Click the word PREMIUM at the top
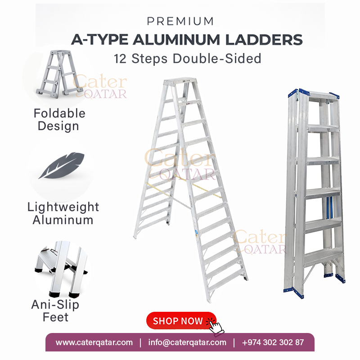(180, 21)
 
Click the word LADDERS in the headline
(264, 40)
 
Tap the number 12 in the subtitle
(120, 58)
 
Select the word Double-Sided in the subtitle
(217, 58)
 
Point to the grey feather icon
(61, 165)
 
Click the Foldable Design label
(59, 120)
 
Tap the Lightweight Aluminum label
(63, 213)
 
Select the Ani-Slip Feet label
(55, 311)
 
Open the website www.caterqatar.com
(94, 342)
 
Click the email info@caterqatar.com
(187, 342)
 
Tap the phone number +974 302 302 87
(273, 342)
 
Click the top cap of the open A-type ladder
(180, 81)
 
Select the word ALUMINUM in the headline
(176, 40)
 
